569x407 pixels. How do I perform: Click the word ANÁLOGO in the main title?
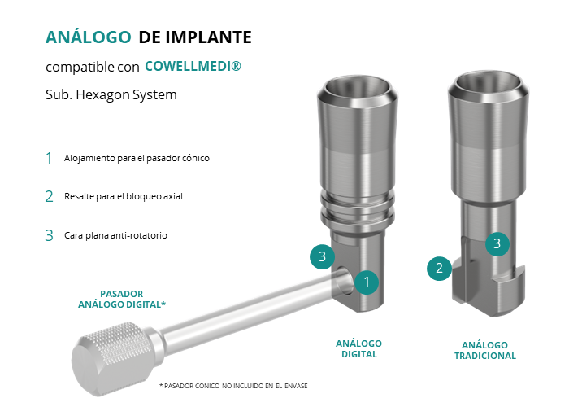[88, 37]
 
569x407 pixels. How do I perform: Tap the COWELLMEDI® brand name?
[193, 66]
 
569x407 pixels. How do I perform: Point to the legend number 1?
[49, 158]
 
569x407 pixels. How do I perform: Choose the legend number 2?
[49, 197]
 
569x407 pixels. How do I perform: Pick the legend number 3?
[49, 235]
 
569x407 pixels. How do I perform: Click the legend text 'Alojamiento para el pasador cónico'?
[137, 159]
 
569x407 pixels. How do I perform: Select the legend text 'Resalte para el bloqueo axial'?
[124, 197]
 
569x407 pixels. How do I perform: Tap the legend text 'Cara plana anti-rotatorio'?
[115, 235]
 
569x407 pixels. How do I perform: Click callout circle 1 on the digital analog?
[367, 282]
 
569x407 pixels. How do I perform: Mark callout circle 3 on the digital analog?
[322, 257]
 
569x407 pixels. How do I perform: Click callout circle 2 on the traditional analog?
[439, 269]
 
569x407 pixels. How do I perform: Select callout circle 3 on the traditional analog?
[497, 244]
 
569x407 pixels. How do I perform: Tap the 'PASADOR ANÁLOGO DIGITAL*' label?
[122, 299]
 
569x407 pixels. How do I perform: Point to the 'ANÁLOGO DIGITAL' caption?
[359, 349]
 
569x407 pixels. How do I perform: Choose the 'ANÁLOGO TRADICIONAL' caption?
[485, 350]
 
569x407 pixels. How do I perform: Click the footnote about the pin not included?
[233, 386]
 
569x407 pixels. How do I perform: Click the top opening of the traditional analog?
[489, 84]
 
